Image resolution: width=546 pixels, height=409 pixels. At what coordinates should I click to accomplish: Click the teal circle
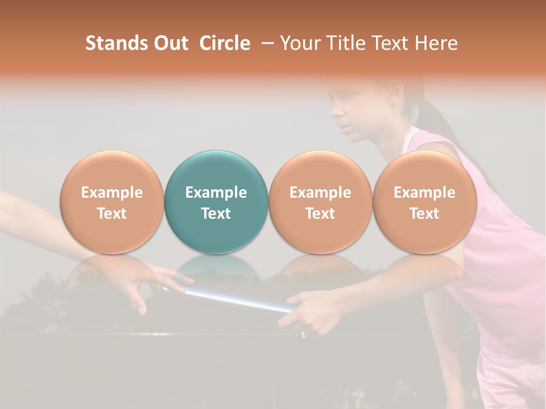click(x=216, y=202)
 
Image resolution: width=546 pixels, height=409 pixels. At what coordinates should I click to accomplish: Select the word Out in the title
click(x=169, y=43)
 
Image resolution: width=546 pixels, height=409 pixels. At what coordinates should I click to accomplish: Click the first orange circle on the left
click(x=111, y=202)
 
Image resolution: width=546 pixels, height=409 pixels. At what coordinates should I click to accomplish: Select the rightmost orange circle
click(x=424, y=202)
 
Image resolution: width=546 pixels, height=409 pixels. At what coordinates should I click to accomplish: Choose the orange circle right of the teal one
click(x=320, y=202)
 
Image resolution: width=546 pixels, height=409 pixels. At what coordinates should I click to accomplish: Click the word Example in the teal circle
click(x=216, y=193)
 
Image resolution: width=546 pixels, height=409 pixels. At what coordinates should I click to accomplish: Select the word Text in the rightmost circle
click(x=424, y=214)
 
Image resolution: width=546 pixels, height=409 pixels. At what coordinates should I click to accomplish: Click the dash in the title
click(x=266, y=43)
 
